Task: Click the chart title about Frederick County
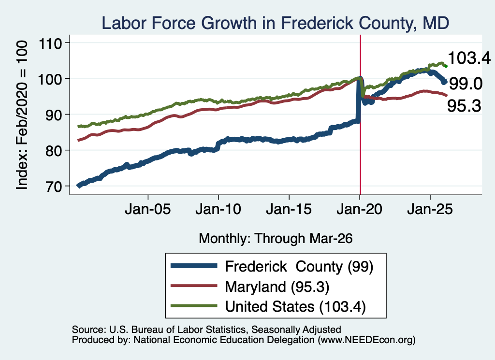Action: pos(275,23)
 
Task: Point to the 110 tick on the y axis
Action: pos(50,43)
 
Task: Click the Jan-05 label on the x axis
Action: pos(148,209)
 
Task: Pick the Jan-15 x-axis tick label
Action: pos(289,209)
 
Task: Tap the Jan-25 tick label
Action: pos(430,209)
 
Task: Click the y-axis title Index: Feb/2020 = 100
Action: pos(22,115)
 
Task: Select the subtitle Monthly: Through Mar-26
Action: pos(276,238)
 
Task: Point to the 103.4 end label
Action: pos(469,58)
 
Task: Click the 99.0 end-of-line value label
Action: pos(466,84)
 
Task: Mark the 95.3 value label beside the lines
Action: pos(464,106)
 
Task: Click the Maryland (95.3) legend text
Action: pos(277,287)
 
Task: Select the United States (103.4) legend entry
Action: pos(295,306)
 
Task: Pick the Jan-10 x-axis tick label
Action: pos(218,209)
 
